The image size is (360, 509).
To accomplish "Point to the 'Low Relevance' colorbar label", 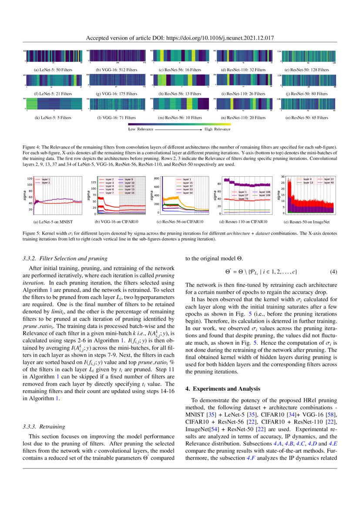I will [139, 129].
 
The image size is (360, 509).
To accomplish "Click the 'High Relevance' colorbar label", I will [218, 129].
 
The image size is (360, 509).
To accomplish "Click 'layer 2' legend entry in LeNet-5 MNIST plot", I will [46, 183].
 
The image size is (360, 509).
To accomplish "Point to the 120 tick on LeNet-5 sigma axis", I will [29, 179].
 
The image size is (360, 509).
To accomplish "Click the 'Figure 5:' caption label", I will [31, 234].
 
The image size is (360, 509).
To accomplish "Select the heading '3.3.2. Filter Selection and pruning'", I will [64, 259].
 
